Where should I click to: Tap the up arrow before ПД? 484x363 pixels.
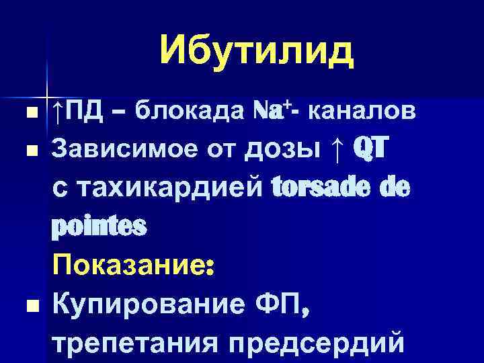[x=59, y=110]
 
